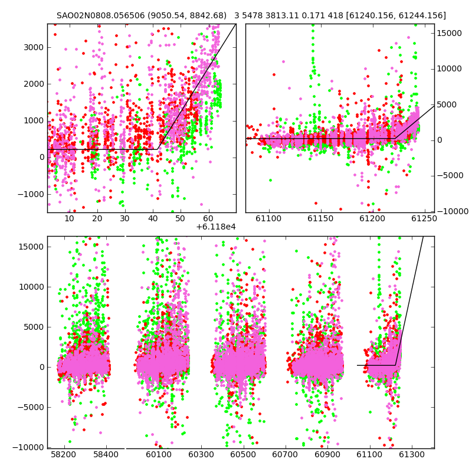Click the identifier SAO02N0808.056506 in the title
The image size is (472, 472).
[x=101, y=15]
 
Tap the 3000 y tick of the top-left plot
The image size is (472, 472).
[x=34, y=48]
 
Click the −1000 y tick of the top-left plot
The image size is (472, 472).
[x=31, y=195]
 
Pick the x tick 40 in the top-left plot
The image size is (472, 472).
[x=153, y=218]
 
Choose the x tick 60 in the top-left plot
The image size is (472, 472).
[x=208, y=218]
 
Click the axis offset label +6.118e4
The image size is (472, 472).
[x=216, y=227]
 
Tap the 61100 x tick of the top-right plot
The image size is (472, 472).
[x=269, y=218]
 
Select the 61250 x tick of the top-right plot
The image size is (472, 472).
[x=424, y=218]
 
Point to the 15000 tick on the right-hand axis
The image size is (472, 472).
[x=450, y=34]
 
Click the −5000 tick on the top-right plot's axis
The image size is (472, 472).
[x=450, y=175]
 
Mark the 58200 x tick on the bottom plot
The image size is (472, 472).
[x=63, y=454]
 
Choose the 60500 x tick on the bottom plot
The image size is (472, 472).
[x=243, y=454]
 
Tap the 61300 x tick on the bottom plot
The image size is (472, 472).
[x=411, y=454]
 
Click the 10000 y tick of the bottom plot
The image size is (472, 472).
[x=32, y=287]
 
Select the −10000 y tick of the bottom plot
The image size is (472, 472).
[x=28, y=448]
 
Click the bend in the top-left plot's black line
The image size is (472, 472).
[x=158, y=149]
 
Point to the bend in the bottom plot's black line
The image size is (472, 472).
[x=395, y=365]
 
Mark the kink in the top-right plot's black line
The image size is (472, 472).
[x=395, y=139]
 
